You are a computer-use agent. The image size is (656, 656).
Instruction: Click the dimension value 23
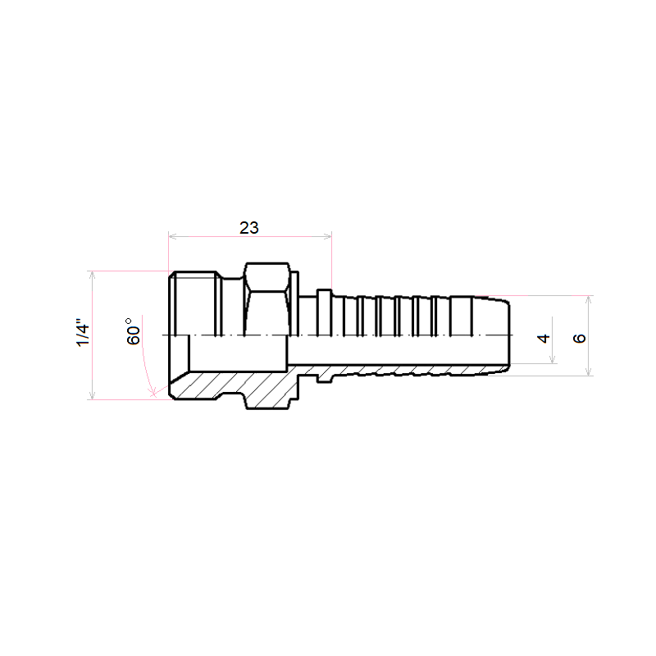pyautogui.click(x=249, y=228)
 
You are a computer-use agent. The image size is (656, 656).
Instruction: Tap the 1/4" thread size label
pyautogui.click(x=83, y=335)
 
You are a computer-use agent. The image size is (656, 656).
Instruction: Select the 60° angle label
pyautogui.click(x=133, y=331)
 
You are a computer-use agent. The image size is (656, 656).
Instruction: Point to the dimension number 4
pyautogui.click(x=544, y=338)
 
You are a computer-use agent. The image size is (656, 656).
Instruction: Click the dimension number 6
pyautogui.click(x=580, y=338)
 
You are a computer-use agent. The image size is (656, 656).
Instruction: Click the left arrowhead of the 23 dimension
pyautogui.click(x=172, y=236)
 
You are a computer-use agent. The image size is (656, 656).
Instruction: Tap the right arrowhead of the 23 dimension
pyautogui.click(x=327, y=236)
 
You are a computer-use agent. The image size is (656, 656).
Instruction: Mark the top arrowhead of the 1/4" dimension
pyautogui.click(x=93, y=275)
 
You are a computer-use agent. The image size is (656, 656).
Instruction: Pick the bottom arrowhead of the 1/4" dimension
pyautogui.click(x=93, y=395)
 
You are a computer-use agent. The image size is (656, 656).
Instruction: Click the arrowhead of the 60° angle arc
pyautogui.click(x=153, y=393)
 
